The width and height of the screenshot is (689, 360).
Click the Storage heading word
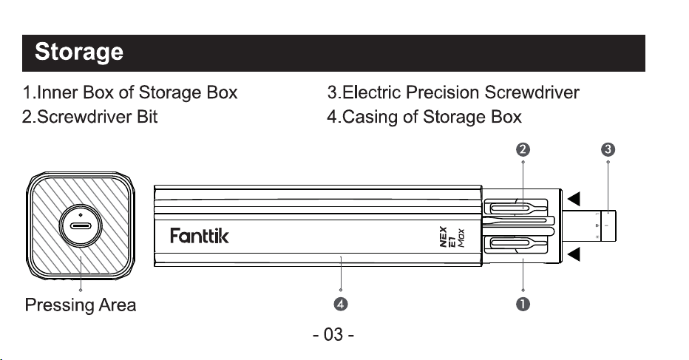(x=79, y=52)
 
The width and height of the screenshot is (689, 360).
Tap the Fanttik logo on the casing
(x=200, y=236)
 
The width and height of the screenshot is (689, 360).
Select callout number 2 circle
(x=523, y=149)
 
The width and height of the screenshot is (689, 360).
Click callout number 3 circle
(x=608, y=149)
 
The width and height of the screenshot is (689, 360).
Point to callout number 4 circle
(x=341, y=304)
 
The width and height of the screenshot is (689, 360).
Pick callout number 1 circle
(x=523, y=304)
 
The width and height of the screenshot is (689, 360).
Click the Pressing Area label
(x=81, y=305)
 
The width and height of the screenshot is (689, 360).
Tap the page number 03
(x=333, y=335)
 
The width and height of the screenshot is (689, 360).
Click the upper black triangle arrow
(x=574, y=199)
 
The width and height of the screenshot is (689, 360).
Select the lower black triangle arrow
(x=574, y=254)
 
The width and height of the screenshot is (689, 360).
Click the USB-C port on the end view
(x=81, y=226)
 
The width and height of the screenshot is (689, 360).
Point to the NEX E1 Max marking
(x=452, y=237)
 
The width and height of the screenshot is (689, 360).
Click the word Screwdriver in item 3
(x=532, y=92)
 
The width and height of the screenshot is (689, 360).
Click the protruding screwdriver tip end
(x=608, y=226)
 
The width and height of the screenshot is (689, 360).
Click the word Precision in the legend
(x=442, y=92)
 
